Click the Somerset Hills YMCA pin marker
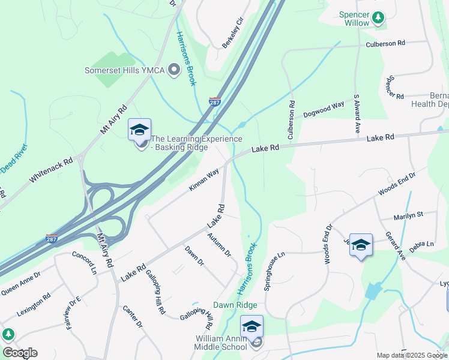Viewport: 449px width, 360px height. (x=175, y=70)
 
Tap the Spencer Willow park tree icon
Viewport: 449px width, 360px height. (x=378, y=18)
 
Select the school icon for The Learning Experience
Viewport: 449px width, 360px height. (x=139, y=130)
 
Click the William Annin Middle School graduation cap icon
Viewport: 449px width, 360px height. (x=252, y=327)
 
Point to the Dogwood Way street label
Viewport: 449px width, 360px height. (x=324, y=109)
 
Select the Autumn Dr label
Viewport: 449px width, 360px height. (x=219, y=245)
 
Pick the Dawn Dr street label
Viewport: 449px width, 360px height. (x=194, y=256)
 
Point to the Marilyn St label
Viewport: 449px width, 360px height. (x=409, y=214)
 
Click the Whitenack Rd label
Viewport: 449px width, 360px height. (x=51, y=170)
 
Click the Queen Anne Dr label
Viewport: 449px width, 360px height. (x=20, y=283)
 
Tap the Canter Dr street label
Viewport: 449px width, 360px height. (x=133, y=317)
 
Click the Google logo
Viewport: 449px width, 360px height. (x=19, y=353)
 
